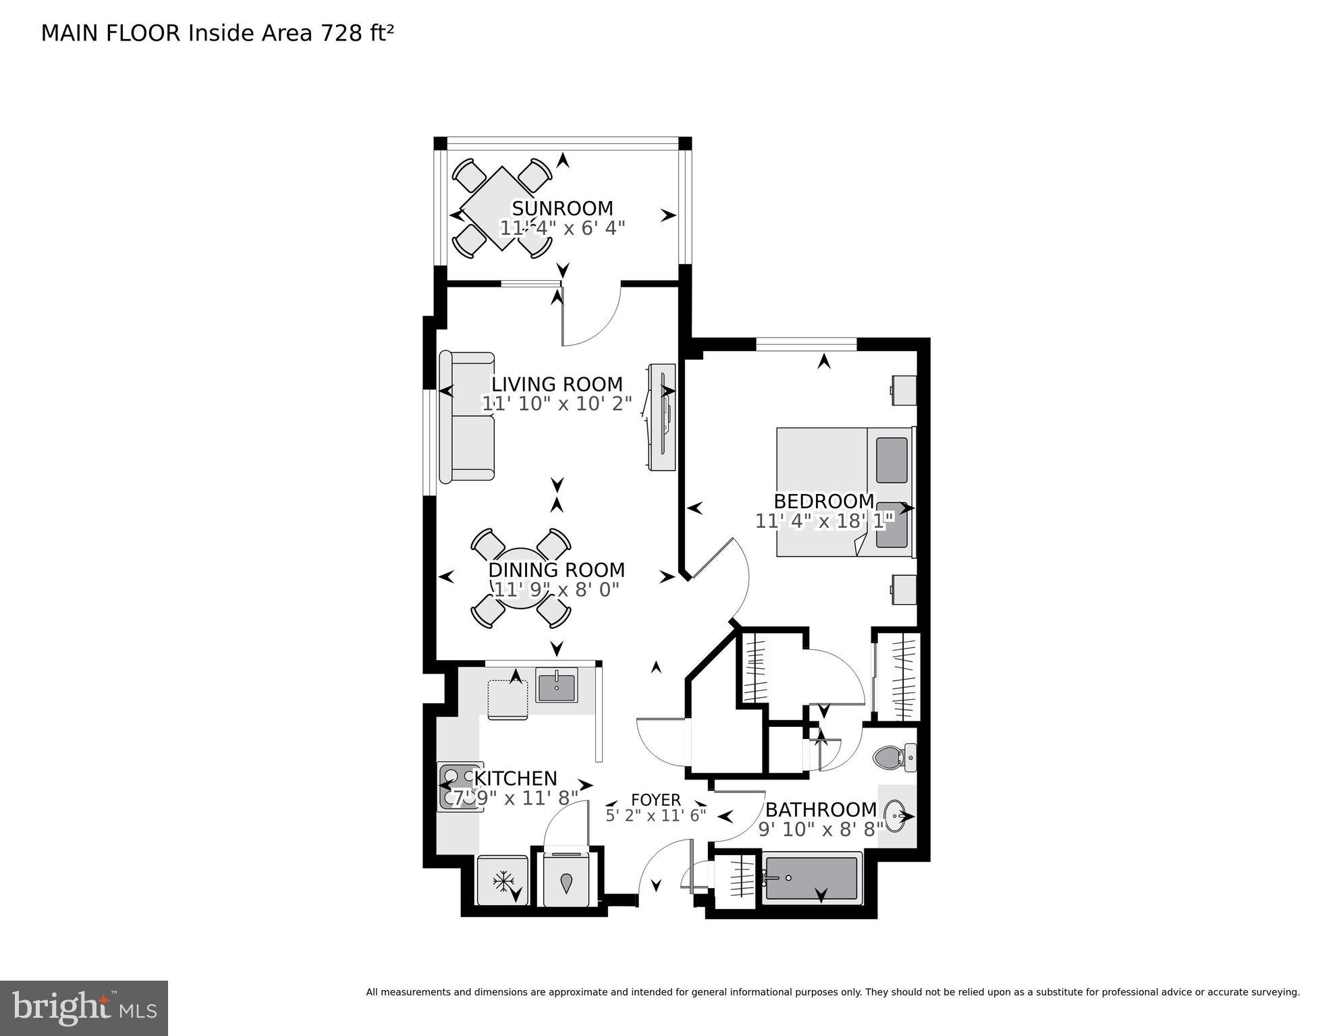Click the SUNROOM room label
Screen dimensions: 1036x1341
(x=562, y=208)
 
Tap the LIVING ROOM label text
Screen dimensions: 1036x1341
(x=557, y=384)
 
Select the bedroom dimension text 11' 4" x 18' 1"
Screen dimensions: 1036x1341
(x=824, y=521)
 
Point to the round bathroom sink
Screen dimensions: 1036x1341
(x=897, y=817)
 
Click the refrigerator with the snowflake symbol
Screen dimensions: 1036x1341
(x=502, y=881)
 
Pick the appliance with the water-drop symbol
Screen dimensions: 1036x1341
(x=566, y=881)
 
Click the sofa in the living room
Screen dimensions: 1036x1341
(x=466, y=417)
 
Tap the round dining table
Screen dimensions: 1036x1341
(x=521, y=578)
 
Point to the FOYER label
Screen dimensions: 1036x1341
(x=655, y=800)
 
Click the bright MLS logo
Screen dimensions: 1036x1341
(x=84, y=1008)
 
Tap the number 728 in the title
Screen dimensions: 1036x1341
(x=341, y=33)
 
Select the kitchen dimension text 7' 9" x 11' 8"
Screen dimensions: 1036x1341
(x=515, y=798)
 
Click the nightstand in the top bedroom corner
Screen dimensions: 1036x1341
(x=904, y=390)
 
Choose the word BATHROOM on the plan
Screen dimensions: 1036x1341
(x=821, y=809)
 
